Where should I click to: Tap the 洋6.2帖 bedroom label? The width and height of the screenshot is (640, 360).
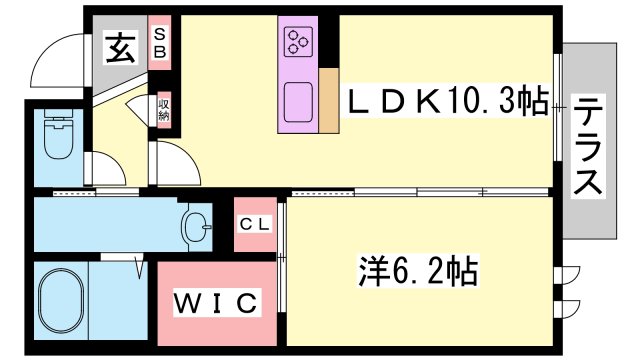pos(417,271)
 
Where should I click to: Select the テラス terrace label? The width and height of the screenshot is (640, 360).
pos(588,147)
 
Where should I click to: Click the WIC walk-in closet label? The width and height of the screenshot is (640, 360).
pos(217,301)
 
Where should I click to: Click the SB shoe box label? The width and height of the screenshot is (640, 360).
pos(159,42)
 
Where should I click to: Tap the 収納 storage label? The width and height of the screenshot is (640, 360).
pos(162,111)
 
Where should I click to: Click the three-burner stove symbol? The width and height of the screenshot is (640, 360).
pos(298,41)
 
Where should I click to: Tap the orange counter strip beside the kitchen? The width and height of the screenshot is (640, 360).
pos(328,101)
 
